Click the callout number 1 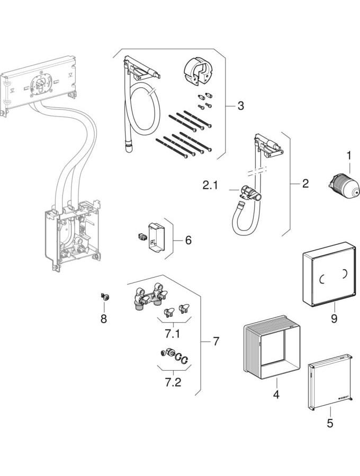[x=348, y=156]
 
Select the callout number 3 [x=240, y=106]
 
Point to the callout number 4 [x=277, y=394]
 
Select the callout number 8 [x=104, y=318]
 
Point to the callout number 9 [x=334, y=318]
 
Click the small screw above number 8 [x=104, y=299]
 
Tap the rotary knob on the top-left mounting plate [x=40, y=85]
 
